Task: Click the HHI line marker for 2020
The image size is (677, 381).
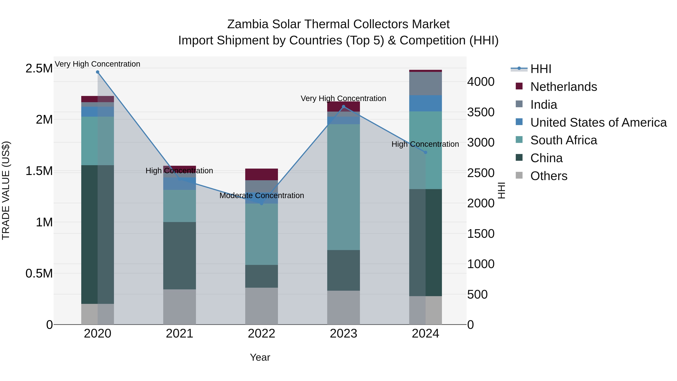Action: pos(97,72)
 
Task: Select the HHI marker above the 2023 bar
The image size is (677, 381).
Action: pos(344,107)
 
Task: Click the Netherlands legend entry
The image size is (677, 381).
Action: pos(563,87)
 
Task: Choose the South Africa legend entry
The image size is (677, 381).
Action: pos(563,140)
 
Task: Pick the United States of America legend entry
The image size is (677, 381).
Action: pos(598,122)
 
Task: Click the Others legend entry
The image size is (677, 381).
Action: pos(549,176)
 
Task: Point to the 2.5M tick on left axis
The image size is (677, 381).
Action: pos(39,68)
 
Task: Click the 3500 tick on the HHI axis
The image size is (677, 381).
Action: pos(481,112)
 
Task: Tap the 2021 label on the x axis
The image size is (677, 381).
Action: pos(180,334)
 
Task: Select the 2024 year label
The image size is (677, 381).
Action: pos(426,334)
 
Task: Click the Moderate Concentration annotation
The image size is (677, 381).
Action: pos(262,196)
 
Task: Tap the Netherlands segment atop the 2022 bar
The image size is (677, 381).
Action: pos(262,174)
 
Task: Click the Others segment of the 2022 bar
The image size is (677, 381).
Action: pos(262,306)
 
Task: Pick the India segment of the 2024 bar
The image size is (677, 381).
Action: pos(426,83)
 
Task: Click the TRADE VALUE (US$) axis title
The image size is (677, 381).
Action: pos(6,190)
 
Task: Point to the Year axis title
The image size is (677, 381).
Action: pos(260,357)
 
